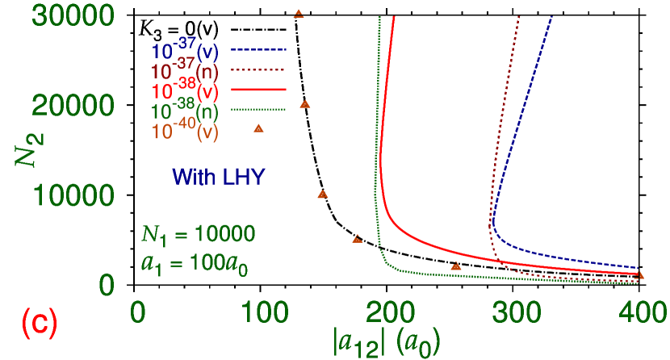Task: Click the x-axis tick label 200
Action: [x=393, y=311]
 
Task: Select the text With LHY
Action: [x=218, y=177]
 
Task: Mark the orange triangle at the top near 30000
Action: [x=299, y=14]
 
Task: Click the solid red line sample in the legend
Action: [x=258, y=89]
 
